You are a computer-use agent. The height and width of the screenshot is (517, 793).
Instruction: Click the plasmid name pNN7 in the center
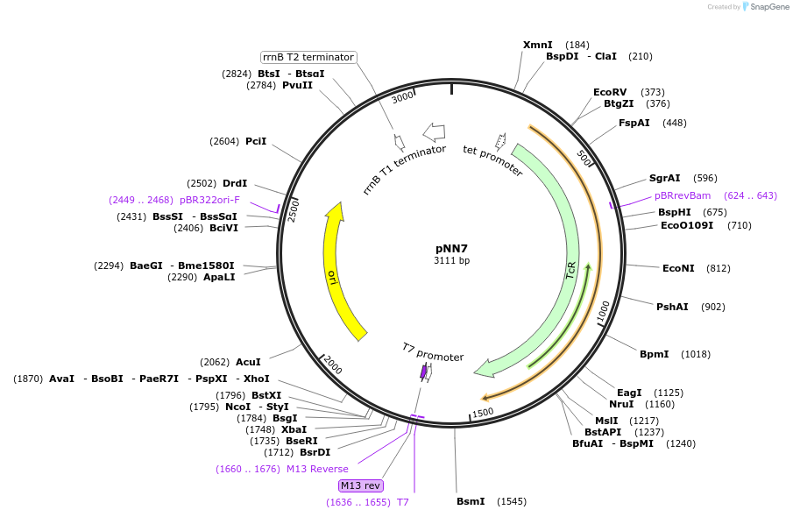[x=451, y=248]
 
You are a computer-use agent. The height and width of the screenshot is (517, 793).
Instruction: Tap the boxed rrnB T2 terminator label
[x=308, y=57]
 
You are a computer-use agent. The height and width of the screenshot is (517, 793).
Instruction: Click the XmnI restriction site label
[x=537, y=45]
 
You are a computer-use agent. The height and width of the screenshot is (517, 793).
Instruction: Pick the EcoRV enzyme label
[x=610, y=92]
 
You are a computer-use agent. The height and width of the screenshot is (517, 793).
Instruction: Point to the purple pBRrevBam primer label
[x=683, y=195]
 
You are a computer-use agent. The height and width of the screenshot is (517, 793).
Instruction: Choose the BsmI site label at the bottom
[x=471, y=501]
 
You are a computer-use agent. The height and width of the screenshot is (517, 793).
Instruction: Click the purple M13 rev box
[x=361, y=485]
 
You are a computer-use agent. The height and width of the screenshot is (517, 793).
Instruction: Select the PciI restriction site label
[x=256, y=141]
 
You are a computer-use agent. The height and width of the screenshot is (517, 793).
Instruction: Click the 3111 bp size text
[x=451, y=261]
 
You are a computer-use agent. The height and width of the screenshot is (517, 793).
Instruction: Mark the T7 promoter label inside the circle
[x=433, y=352]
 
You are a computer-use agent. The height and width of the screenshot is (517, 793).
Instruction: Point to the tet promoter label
[x=492, y=160]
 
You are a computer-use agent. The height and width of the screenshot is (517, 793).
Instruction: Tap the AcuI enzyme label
[x=248, y=362]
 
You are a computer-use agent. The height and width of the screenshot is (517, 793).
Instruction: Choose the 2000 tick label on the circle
[x=332, y=365]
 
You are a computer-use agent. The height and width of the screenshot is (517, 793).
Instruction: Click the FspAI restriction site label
[x=634, y=123]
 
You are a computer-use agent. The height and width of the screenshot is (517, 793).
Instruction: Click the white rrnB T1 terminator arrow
[x=434, y=132]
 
